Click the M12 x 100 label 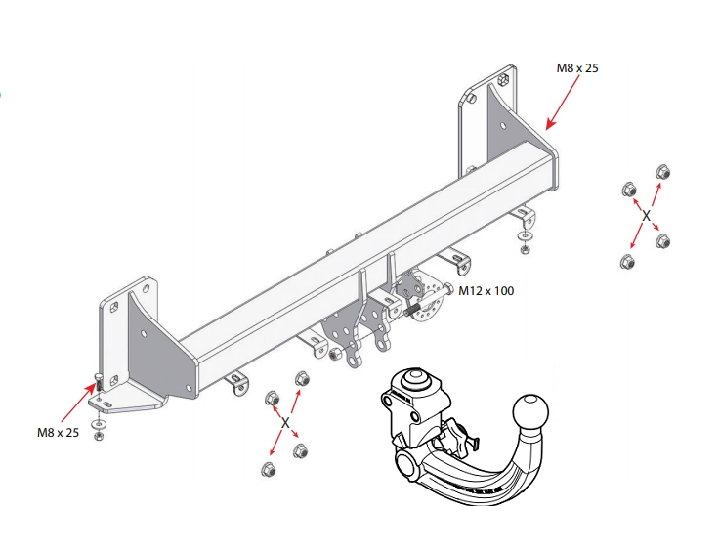pos(486,290)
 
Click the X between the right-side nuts pos(646,214)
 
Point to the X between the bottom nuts pos(285,423)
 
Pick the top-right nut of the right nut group pos(661,173)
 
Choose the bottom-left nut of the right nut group pos(627,261)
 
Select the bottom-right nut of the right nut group pos(663,240)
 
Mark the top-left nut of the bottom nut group pos(273,398)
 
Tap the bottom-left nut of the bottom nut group pos(267,470)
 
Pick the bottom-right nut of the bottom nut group pos(301,450)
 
